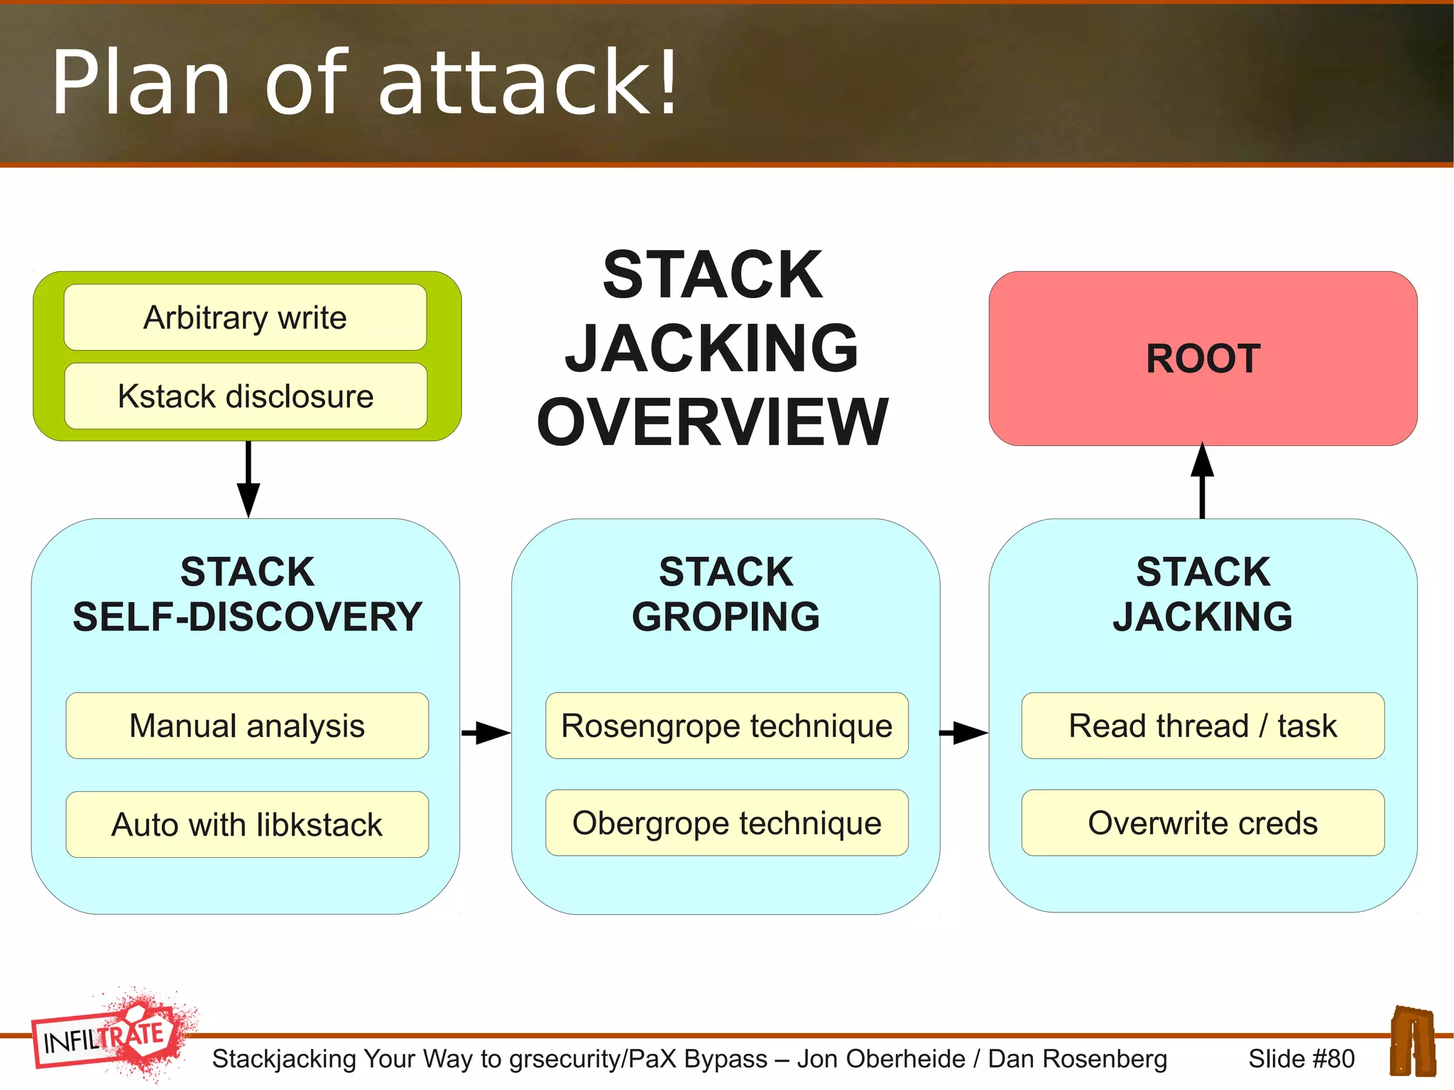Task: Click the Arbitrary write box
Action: point(245,317)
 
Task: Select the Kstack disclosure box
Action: point(245,396)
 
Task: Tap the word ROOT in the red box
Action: point(1203,359)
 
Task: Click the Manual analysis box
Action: point(247,726)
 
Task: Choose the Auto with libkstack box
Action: point(247,824)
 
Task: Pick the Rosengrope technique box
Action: point(726,726)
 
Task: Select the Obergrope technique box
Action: point(726,823)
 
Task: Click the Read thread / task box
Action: point(1203,726)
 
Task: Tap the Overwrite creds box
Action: point(1203,823)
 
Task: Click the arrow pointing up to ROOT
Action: point(1202,479)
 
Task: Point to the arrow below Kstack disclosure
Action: point(248,479)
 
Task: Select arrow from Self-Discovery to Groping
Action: point(486,732)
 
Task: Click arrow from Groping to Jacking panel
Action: point(963,732)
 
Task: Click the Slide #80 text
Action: point(1301,1059)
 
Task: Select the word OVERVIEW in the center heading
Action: point(712,422)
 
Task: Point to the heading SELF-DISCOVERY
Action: point(247,616)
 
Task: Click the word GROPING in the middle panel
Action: point(726,616)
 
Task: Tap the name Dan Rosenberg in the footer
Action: point(1077,1059)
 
